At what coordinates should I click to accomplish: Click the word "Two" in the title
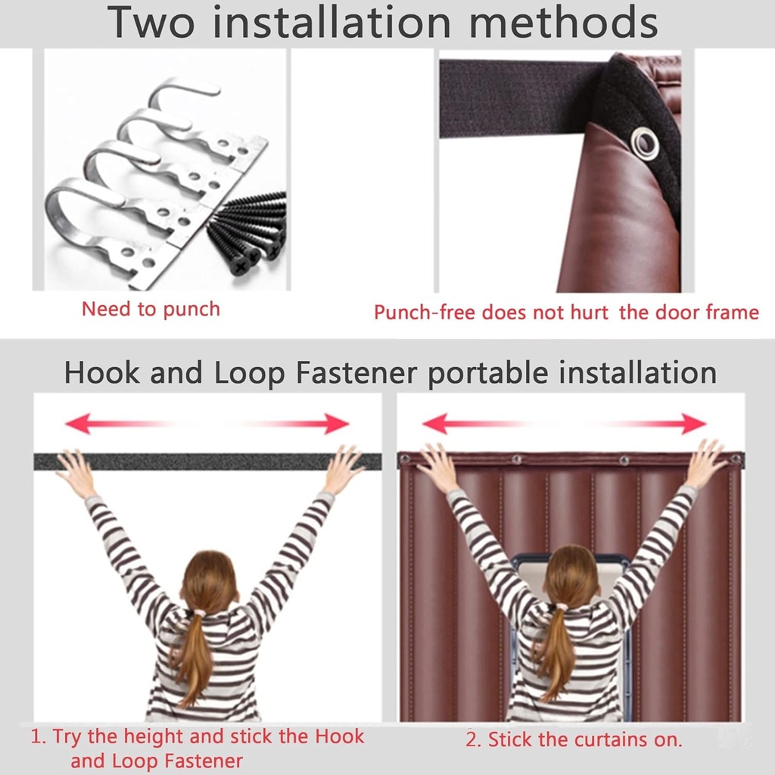(151, 22)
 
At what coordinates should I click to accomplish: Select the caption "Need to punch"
(151, 310)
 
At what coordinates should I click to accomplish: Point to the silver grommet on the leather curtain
(645, 143)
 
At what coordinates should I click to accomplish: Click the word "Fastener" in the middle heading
(356, 372)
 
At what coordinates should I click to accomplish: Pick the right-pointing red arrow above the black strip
(297, 424)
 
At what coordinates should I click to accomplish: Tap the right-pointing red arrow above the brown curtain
(652, 424)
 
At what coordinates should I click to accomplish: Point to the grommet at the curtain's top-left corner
(405, 459)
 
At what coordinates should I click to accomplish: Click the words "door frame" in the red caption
(707, 313)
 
